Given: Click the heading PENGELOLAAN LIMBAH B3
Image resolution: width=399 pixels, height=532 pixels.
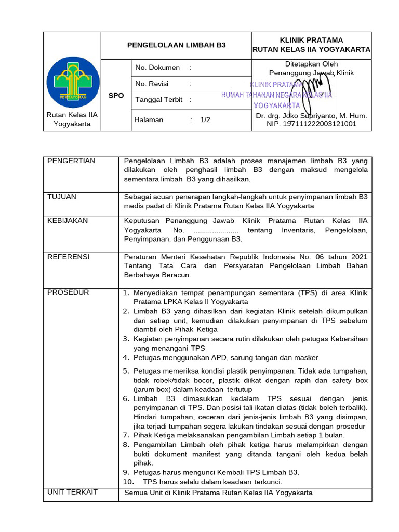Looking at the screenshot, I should [x=177, y=45].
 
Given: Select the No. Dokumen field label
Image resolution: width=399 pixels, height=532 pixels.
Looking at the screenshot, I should [x=157, y=68].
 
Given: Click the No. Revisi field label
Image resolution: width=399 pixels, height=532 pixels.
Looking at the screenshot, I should [x=152, y=84].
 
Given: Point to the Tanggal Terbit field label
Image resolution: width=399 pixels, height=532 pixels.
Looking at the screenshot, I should [x=159, y=100].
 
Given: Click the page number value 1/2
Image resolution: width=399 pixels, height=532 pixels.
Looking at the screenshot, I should [x=205, y=119].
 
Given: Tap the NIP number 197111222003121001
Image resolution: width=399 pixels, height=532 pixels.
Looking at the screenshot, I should [x=312, y=124].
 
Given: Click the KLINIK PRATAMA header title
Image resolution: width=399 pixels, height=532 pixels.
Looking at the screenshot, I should [x=311, y=40].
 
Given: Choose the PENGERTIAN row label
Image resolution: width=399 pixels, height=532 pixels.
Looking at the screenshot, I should [x=71, y=161].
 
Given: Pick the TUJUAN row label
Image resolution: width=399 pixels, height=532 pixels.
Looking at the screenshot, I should [x=62, y=197].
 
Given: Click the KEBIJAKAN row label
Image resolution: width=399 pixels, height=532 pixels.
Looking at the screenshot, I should [x=68, y=221].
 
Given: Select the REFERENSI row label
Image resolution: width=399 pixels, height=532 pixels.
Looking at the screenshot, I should [x=69, y=257].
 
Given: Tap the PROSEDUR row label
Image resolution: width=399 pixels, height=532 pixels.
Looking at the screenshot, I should [x=68, y=292].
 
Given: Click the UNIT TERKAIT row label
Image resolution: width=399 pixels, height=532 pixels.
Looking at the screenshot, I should [x=72, y=492].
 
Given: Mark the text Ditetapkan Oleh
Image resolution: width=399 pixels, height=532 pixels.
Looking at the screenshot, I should [x=311, y=64].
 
